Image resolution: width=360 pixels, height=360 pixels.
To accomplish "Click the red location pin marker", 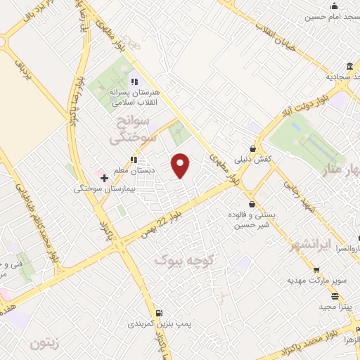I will click(181, 166).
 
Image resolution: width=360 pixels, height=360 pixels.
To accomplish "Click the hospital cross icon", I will click(104, 178).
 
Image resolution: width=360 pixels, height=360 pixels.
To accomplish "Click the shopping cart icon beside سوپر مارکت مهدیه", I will click(318, 270).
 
